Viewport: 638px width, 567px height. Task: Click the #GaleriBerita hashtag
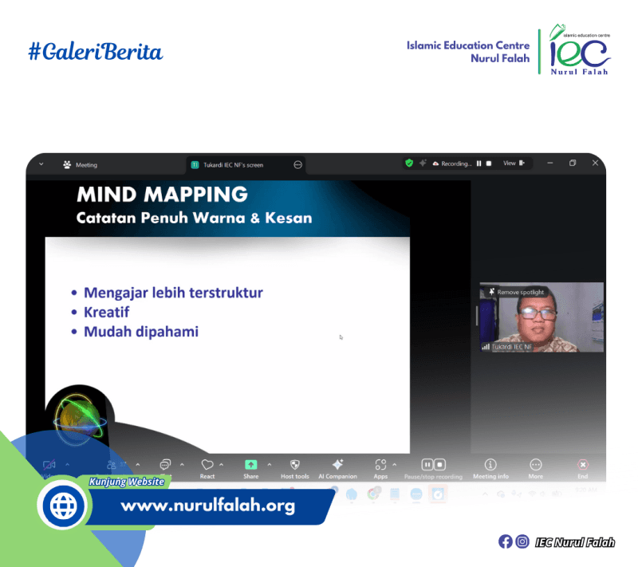coord(95,53)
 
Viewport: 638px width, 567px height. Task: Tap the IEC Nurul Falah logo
coord(580,53)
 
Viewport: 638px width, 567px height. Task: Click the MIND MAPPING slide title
coord(162,194)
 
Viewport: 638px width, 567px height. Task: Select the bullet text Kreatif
coord(106,312)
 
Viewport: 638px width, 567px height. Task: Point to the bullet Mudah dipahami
coord(140,331)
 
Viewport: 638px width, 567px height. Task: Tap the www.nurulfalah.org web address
coord(207,506)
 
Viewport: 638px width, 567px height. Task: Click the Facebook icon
coord(505,541)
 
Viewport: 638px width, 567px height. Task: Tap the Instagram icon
coord(522,541)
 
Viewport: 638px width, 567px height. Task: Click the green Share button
coord(251,465)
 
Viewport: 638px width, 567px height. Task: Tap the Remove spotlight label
coord(520,292)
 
